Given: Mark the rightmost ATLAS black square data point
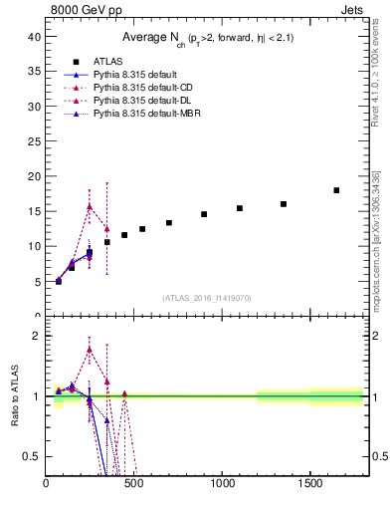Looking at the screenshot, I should pyautogui.click(x=336, y=190).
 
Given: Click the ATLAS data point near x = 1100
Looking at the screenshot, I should pyautogui.click(x=240, y=208).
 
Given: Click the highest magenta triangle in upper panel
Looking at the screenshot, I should pyautogui.click(x=90, y=206).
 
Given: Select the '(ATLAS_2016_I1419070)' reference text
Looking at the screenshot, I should pyautogui.click(x=206, y=298).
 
